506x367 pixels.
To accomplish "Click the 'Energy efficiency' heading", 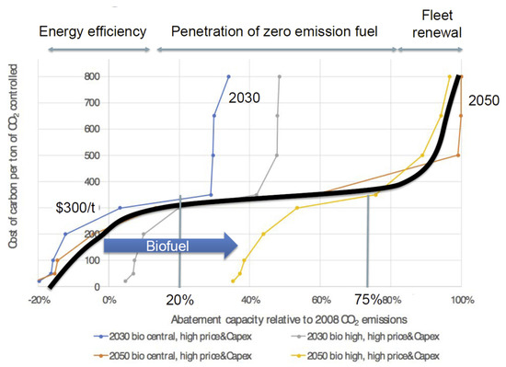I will click(93, 30).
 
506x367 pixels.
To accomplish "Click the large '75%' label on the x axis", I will click(369, 301).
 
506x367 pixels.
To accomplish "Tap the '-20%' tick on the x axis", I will click(38, 300).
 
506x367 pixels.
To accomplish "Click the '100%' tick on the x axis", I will click(462, 300).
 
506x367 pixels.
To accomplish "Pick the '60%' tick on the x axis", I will click(320, 300).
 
